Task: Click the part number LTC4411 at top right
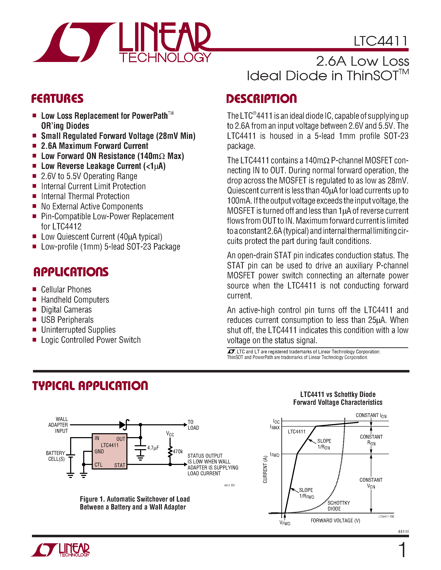(x=380, y=41)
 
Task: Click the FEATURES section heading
(x=57, y=99)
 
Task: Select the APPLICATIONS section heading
(x=71, y=272)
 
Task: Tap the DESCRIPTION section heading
(x=261, y=99)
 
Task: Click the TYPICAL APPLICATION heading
(x=90, y=386)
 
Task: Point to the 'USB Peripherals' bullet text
(x=67, y=320)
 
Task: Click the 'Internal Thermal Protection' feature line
(x=85, y=196)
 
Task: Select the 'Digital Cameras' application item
(x=66, y=310)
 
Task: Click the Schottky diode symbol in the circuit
(x=124, y=425)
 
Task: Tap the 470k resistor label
(x=178, y=451)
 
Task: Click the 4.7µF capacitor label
(x=153, y=448)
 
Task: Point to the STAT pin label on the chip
(x=120, y=465)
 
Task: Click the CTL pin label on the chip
(x=99, y=465)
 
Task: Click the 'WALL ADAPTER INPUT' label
(x=58, y=425)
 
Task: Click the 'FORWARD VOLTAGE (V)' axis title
(x=335, y=520)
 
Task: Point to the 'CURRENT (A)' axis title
(x=265, y=469)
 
